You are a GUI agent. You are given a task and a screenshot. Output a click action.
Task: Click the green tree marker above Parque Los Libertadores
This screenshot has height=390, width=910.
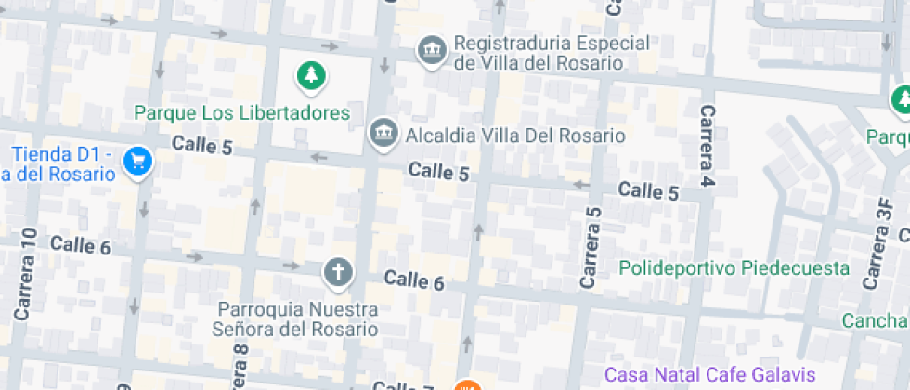312,76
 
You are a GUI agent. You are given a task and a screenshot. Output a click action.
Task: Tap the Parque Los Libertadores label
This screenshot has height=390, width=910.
242,113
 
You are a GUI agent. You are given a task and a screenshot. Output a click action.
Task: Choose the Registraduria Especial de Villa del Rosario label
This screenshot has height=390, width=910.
539,54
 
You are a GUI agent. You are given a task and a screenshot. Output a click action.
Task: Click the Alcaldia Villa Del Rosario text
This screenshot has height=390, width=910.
515,136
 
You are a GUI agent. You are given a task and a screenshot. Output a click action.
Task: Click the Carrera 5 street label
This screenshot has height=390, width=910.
591,246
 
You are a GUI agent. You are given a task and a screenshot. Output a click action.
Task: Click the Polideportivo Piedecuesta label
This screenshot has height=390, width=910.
734,268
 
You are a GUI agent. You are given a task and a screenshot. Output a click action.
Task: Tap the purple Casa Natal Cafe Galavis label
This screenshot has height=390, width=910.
709,375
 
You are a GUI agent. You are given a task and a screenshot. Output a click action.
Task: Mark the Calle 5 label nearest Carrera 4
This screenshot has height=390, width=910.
648,191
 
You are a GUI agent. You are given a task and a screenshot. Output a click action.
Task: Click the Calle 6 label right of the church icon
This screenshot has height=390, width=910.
414,279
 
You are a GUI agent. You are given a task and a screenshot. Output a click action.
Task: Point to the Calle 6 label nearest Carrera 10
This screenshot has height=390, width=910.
81,245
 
